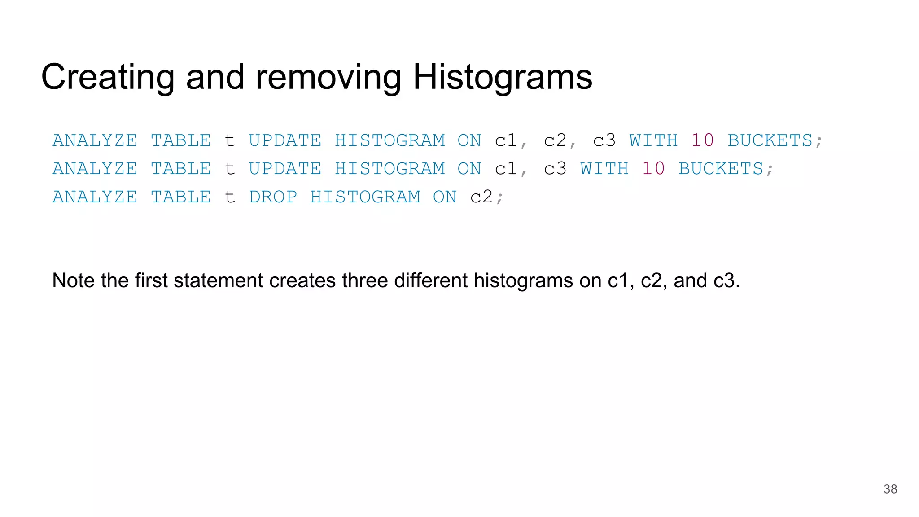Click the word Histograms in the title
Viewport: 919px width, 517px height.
pyautogui.click(x=502, y=77)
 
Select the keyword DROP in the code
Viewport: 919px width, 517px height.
pyautogui.click(x=273, y=197)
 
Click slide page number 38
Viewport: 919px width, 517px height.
pyautogui.click(x=890, y=489)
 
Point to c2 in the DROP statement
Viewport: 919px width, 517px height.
pyautogui.click(x=481, y=197)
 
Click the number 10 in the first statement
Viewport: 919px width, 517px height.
pyautogui.click(x=702, y=140)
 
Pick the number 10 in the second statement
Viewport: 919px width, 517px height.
pyautogui.click(x=653, y=169)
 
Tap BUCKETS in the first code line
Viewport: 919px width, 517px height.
pyautogui.click(x=770, y=140)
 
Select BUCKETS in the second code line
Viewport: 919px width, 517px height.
pyautogui.click(x=721, y=169)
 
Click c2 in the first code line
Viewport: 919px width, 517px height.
pyautogui.click(x=555, y=140)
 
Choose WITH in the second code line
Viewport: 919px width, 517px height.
pyautogui.click(x=604, y=169)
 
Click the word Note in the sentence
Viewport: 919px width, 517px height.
pyautogui.click(x=74, y=280)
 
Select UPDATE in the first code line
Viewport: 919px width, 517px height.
pyautogui.click(x=285, y=140)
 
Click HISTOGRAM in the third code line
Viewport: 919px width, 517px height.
pyautogui.click(x=365, y=197)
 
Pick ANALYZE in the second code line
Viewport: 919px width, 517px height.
pyautogui.click(x=95, y=169)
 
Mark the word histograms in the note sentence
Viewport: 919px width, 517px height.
pyautogui.click(x=523, y=280)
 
